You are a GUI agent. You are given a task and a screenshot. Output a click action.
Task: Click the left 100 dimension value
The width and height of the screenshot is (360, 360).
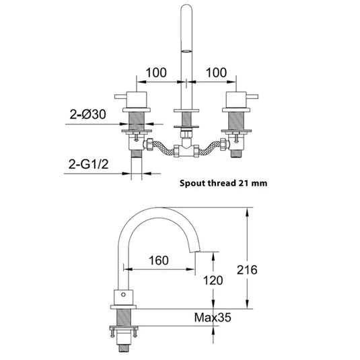click(156, 73)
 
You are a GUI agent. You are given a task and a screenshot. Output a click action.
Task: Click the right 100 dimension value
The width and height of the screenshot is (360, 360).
click(216, 73)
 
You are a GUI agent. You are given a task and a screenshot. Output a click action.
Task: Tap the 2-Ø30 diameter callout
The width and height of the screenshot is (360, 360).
click(88, 114)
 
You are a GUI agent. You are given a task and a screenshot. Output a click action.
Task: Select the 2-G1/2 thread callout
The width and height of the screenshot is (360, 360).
click(88, 164)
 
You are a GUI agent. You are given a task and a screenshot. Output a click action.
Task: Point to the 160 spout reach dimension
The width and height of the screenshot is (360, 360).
click(159, 260)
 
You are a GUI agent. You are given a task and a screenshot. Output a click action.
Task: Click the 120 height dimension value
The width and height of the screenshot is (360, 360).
click(213, 281)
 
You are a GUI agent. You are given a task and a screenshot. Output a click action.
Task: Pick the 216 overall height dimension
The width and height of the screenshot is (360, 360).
click(247, 270)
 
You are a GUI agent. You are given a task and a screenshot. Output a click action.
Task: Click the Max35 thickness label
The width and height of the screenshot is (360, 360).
click(213, 318)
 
